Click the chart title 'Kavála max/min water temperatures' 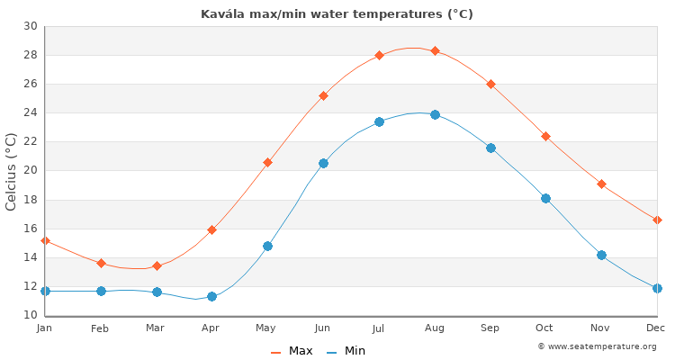[337, 13]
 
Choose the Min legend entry [346, 351]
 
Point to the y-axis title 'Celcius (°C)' [12, 171]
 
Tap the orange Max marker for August [435, 50]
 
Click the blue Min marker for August [435, 114]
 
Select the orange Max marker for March [157, 265]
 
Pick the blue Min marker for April [211, 296]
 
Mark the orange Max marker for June [323, 95]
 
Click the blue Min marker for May [267, 246]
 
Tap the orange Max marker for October [545, 136]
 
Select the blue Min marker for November [601, 255]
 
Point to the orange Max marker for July [379, 55]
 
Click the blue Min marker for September [490, 148]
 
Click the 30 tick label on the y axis [31, 26]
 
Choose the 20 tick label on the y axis [31, 171]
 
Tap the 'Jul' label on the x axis [378, 328]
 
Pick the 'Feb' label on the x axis [100, 328]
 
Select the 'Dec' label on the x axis [655, 328]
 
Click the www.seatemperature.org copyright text [597, 346]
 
